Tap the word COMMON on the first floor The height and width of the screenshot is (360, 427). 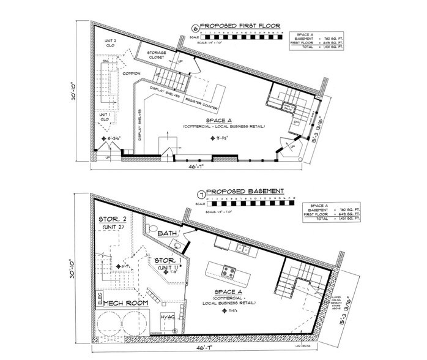[x=132, y=73]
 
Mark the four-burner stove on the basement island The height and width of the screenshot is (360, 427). [x=228, y=270]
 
